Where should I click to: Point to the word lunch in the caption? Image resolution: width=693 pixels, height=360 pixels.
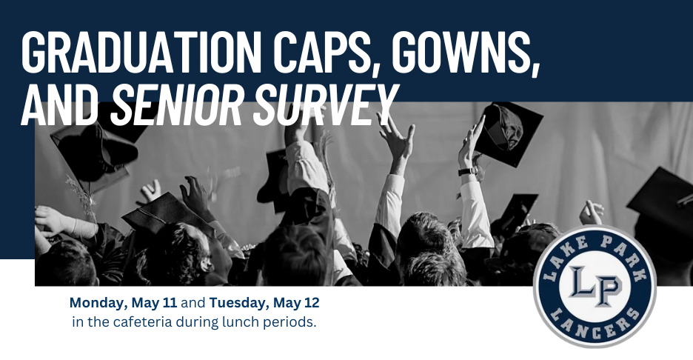click(240, 323)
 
